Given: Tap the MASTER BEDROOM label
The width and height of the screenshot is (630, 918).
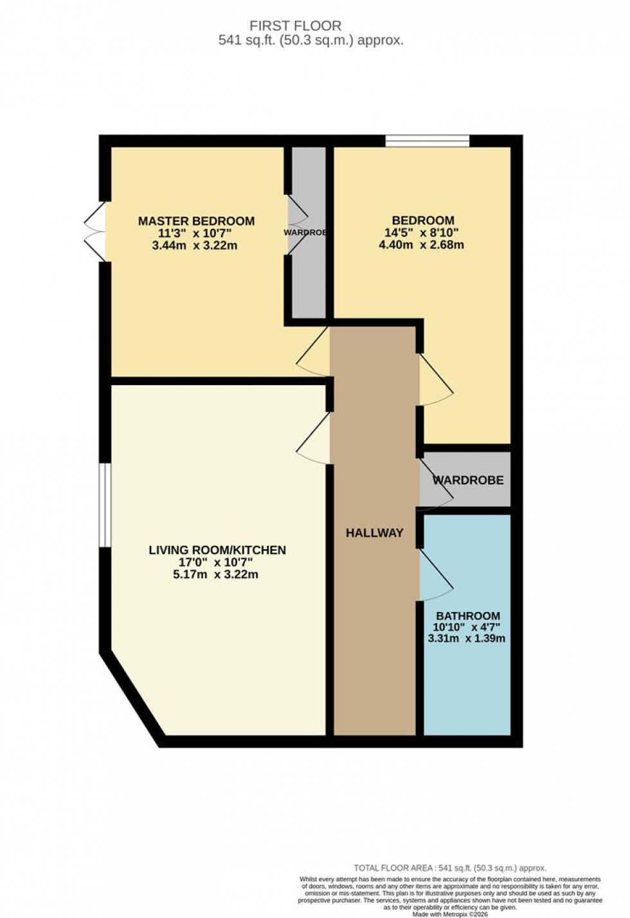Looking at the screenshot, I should point(196,221).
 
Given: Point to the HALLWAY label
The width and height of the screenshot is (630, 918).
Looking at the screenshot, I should point(374,532).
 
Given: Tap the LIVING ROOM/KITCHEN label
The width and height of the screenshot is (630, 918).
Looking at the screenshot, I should point(217,550).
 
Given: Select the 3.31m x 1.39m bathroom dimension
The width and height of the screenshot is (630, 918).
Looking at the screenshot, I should point(466,638).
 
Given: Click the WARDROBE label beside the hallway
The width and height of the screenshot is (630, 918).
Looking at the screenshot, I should point(467,480).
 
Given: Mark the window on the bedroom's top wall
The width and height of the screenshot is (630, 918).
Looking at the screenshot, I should point(427,141).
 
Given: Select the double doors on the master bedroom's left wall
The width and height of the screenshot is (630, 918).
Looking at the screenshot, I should point(94,231).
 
